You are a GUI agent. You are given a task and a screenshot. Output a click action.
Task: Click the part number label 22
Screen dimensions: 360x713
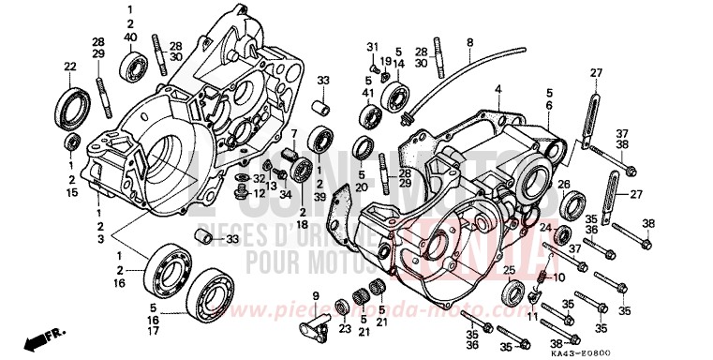68,66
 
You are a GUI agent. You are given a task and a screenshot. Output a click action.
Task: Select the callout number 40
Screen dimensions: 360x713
130,36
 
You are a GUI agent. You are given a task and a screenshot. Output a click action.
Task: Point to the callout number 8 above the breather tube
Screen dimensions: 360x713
470,42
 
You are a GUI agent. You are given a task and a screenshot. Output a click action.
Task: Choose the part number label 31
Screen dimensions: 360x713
371,47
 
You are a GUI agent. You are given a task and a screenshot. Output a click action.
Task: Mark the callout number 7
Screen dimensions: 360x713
293,134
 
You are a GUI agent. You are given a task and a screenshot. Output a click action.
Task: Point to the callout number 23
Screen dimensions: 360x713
344,329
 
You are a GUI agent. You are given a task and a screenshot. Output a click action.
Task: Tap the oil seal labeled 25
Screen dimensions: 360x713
513,293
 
